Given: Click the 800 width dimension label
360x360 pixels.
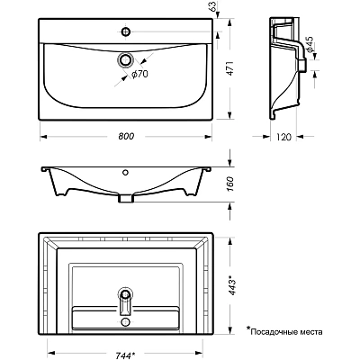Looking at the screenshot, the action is [x=126, y=136].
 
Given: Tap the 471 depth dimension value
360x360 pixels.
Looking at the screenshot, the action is [x=229, y=68].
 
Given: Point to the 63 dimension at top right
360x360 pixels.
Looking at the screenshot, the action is [x=212, y=7].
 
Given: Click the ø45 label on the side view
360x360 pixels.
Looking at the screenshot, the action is [x=309, y=44].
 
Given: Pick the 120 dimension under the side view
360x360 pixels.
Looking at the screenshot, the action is [x=283, y=137].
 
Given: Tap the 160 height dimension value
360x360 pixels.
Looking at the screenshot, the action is [x=229, y=184].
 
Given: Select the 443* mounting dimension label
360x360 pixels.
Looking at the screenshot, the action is [x=232, y=284].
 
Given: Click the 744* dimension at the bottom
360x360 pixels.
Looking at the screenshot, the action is [x=124, y=355].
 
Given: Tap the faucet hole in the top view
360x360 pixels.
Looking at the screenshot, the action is [x=126, y=31].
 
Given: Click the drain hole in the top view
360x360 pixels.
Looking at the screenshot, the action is [x=126, y=59].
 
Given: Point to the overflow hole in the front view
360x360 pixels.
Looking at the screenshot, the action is [x=126, y=172].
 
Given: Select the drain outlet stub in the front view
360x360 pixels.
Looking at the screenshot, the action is [x=126, y=198].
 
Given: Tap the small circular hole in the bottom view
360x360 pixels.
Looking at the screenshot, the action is [x=125, y=322].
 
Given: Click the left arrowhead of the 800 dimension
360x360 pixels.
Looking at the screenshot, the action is [x=43, y=137].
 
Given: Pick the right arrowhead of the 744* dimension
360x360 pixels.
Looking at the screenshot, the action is [x=199, y=353].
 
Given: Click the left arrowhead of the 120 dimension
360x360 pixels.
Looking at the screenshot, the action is [x=265, y=137].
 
